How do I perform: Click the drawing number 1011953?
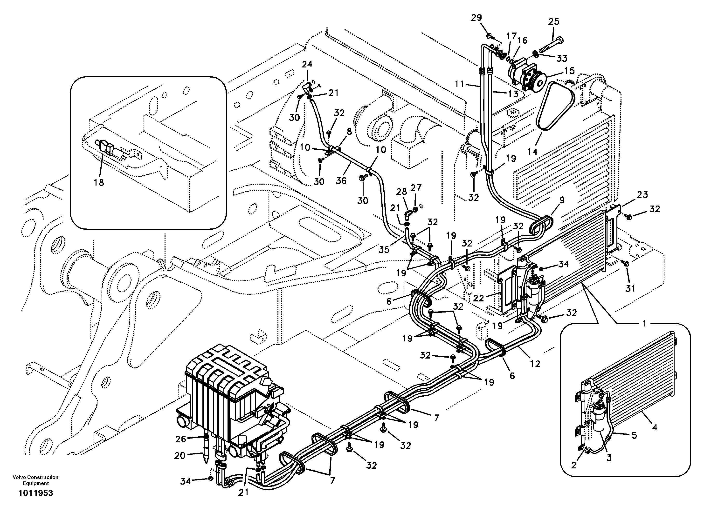[x=36, y=493]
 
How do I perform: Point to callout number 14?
[x=532, y=152]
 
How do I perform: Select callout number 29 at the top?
[x=476, y=18]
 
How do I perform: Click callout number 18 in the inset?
[x=99, y=182]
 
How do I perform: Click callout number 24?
[x=307, y=64]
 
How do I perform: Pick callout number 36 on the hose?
[x=341, y=180]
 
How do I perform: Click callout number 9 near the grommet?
[x=562, y=200]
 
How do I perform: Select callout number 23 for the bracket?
[x=642, y=195]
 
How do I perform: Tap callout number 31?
[x=630, y=288]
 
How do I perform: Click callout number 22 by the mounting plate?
[x=478, y=298]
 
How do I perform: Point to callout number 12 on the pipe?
[x=535, y=364]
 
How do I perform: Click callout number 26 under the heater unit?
[x=180, y=439]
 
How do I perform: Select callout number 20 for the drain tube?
[x=180, y=456]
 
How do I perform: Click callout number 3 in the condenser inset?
[x=609, y=458]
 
